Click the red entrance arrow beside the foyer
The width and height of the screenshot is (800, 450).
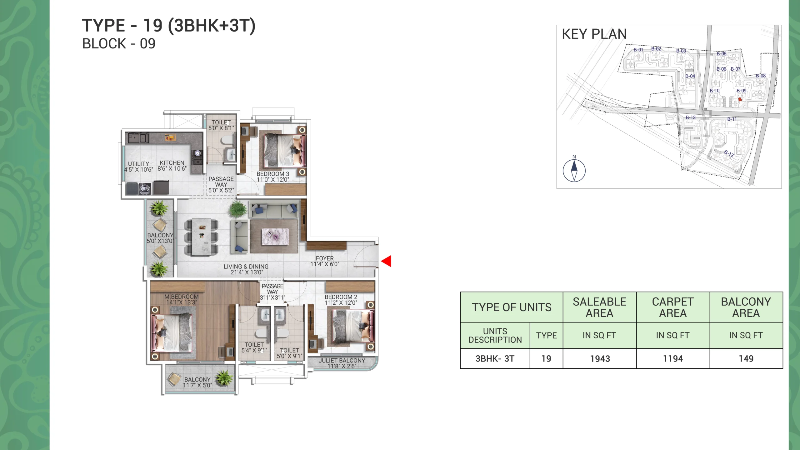pos(386,261)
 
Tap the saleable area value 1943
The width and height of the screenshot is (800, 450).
pos(600,359)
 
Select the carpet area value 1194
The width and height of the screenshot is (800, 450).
pos(673,359)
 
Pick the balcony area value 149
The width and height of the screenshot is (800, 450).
pos(746,359)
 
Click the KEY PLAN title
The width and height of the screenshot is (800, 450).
pos(594,34)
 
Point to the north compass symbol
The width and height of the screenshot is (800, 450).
pos(574,170)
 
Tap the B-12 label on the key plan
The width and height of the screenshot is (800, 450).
pos(729,153)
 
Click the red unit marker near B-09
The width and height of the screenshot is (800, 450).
pos(740,99)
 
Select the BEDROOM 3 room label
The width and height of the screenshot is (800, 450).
pos(273,174)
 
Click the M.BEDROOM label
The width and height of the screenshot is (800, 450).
pos(182,297)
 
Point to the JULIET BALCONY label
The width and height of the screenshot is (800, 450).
pos(342,360)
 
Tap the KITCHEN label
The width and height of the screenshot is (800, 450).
pos(172,163)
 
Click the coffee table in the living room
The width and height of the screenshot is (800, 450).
pos(275,237)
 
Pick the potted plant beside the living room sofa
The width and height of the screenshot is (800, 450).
pos(237,209)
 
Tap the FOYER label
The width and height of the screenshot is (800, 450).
pos(325,258)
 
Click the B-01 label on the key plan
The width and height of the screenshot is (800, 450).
pos(638,50)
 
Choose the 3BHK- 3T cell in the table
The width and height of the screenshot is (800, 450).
pos(495,359)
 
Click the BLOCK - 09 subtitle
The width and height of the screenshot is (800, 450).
pos(119,44)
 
